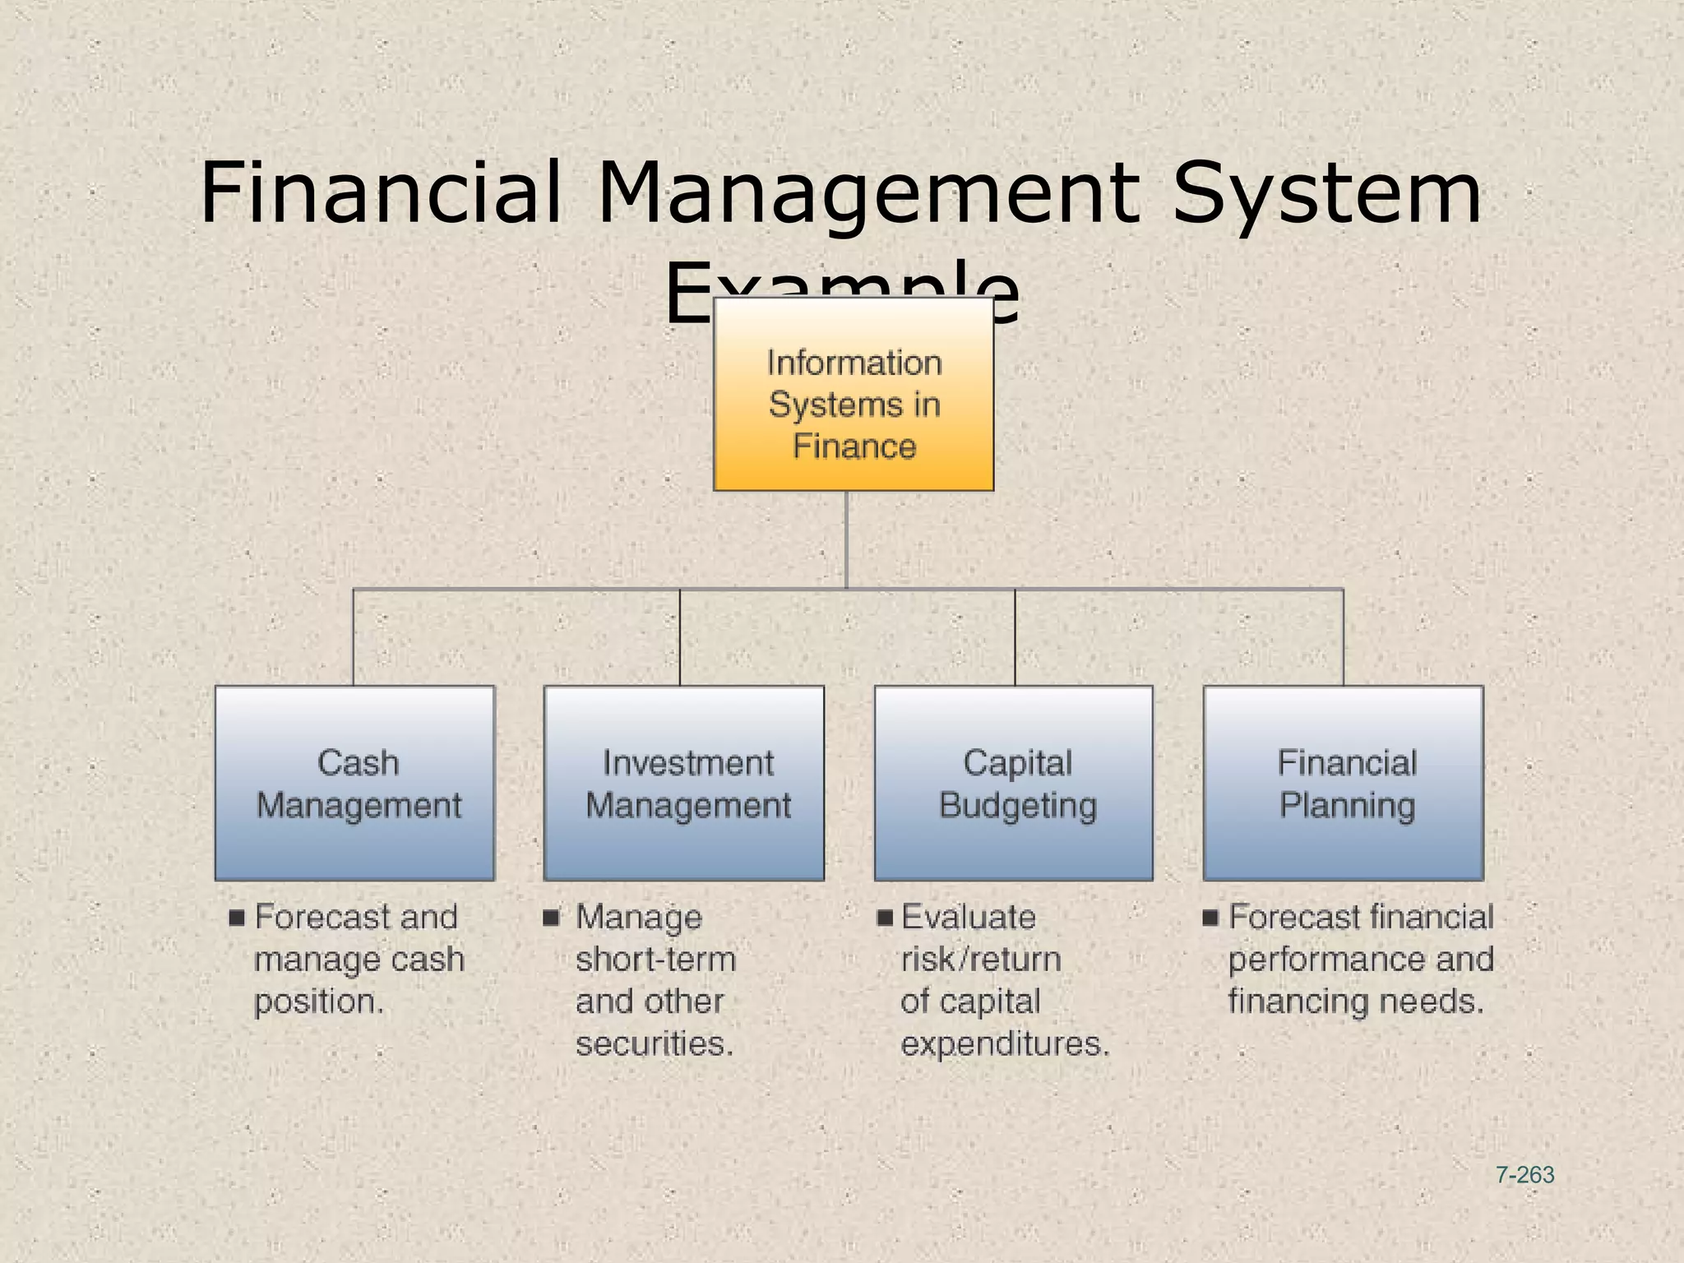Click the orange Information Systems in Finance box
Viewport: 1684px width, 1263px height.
pos(853,394)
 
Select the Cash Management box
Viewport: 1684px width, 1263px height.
pos(354,783)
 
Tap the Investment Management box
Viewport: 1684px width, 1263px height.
pos(683,783)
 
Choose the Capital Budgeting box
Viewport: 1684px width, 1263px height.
pos(1013,783)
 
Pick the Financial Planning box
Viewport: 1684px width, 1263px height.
pos(1343,783)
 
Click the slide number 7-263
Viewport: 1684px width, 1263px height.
pos(1524,1175)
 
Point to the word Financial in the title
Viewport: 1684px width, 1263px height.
pos(381,193)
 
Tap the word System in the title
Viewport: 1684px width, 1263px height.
pos(1326,193)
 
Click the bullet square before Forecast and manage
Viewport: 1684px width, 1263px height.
pos(237,917)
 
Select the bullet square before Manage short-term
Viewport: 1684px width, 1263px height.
pos(551,916)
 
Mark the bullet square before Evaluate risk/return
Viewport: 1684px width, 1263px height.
pos(885,917)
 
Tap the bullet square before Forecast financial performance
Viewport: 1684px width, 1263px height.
pos(1210,917)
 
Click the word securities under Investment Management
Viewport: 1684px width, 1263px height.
pos(654,1043)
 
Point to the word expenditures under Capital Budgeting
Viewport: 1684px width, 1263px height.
pos(1005,1043)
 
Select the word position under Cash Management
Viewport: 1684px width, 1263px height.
pos(318,1002)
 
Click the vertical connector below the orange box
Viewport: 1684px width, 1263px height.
pos(846,539)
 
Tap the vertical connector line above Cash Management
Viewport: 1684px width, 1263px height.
pos(354,637)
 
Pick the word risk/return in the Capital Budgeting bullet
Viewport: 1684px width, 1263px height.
pos(981,959)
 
